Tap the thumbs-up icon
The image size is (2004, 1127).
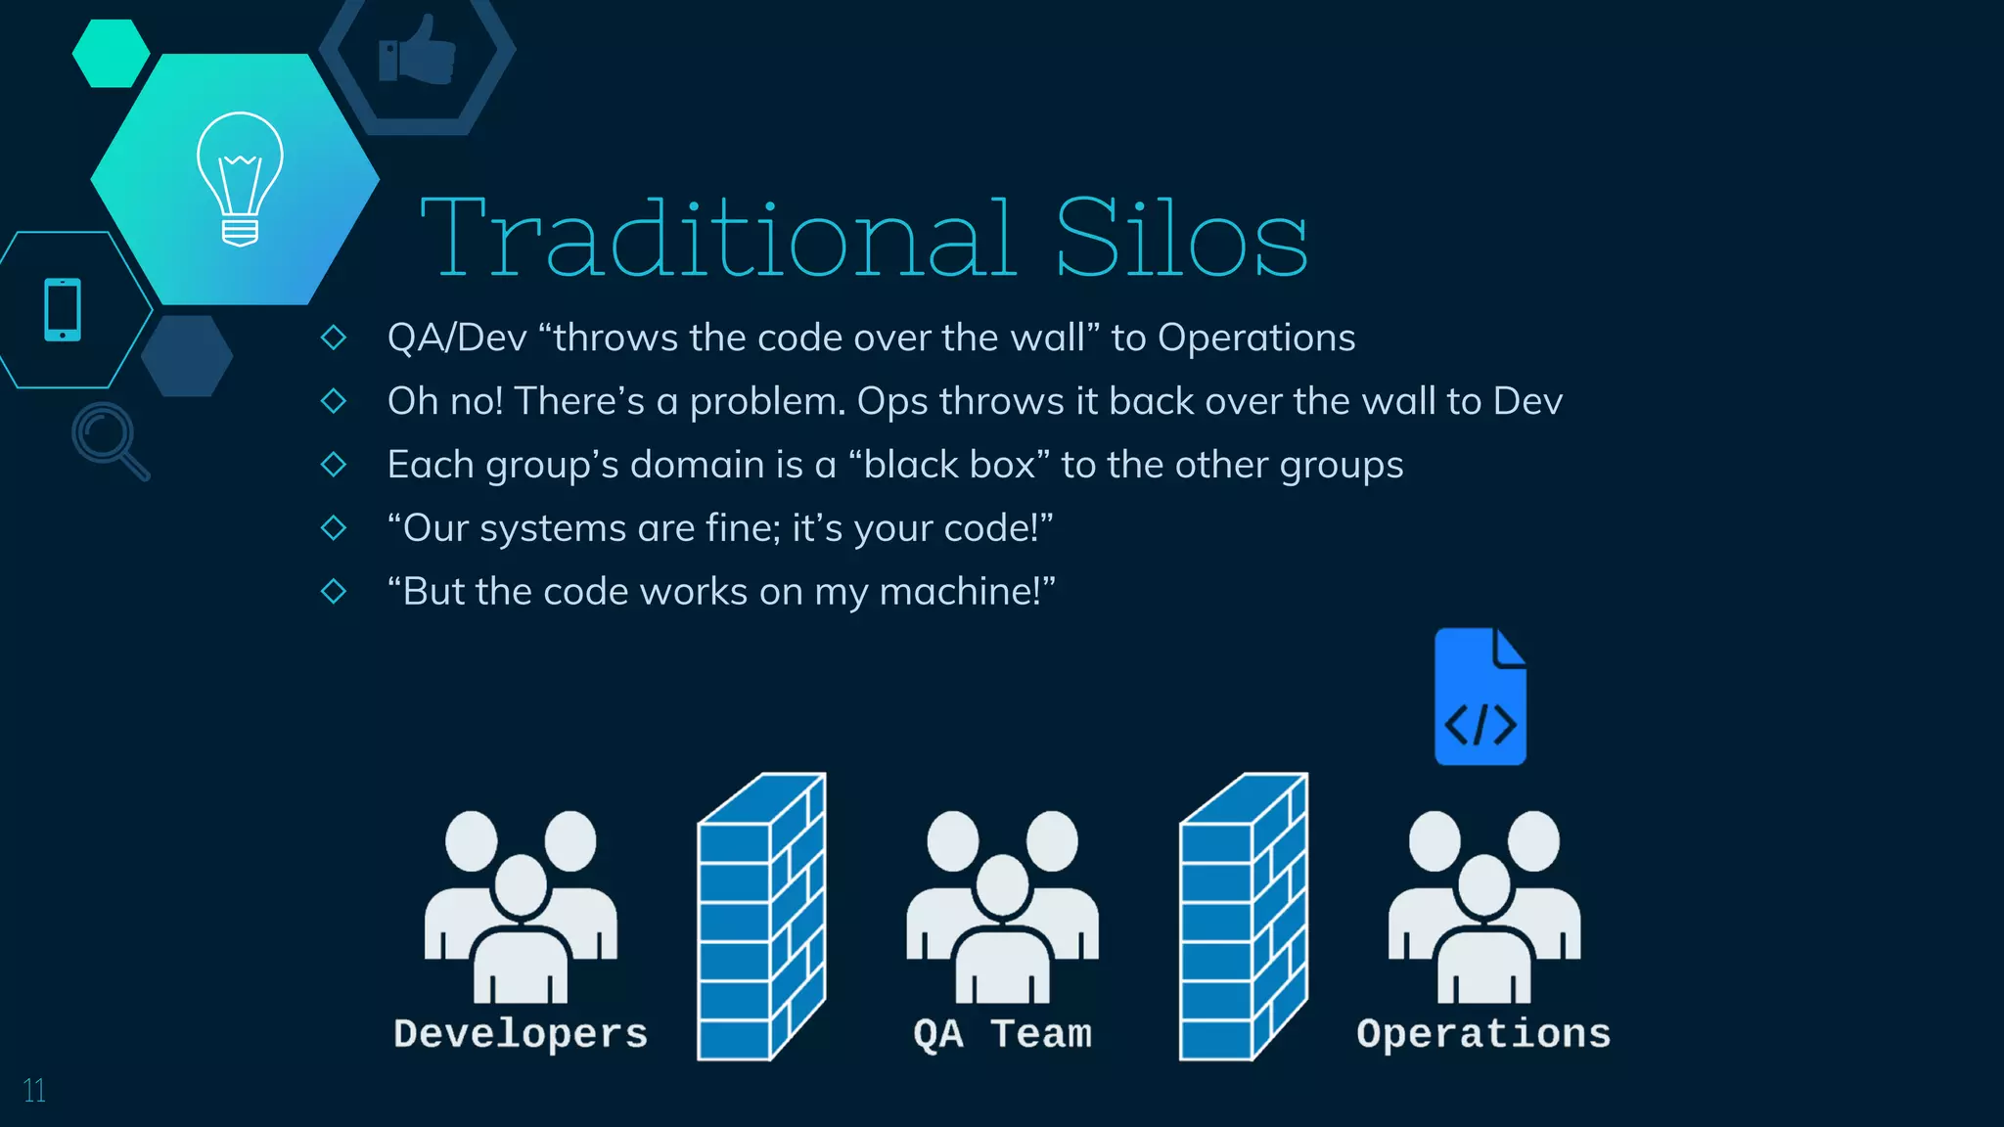click(x=418, y=51)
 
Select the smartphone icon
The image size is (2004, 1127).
click(x=63, y=310)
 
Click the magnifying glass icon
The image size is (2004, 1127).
click(x=109, y=439)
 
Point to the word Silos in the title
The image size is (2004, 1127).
click(x=1181, y=239)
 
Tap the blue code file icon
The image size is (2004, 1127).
click(x=1480, y=697)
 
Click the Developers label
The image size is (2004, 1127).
click(x=521, y=1034)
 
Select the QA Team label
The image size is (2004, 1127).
click(x=1002, y=1034)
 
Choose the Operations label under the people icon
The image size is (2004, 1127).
click(x=1483, y=1034)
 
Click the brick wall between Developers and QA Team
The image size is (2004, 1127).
click(x=760, y=917)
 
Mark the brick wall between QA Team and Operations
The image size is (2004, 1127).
click(x=1243, y=917)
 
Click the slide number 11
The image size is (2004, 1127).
click(x=34, y=1091)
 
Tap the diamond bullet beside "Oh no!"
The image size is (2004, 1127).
click(x=334, y=401)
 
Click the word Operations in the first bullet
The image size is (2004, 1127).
click(x=1256, y=338)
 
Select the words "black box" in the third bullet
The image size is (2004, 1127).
click(x=949, y=465)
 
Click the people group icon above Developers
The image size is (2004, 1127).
click(x=521, y=906)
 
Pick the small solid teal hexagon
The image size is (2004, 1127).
click(x=111, y=54)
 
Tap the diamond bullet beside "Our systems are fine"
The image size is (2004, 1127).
click(x=334, y=528)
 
